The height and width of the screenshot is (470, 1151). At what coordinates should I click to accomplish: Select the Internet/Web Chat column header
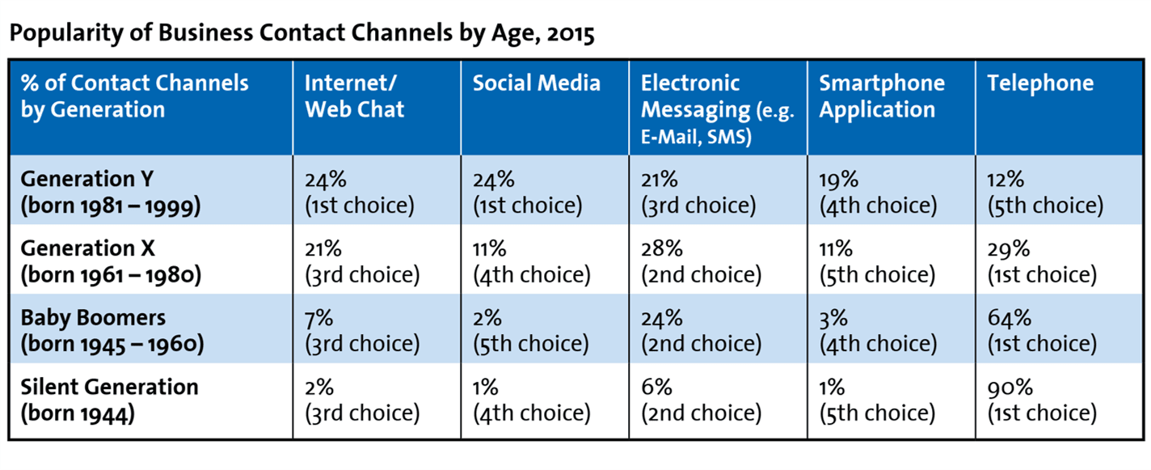pyautogui.click(x=355, y=96)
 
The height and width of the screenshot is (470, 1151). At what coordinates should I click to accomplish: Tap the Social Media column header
pyautogui.click(x=537, y=83)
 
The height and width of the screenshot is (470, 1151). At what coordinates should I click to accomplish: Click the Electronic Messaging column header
pyautogui.click(x=717, y=109)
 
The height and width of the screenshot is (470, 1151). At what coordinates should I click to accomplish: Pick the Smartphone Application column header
pyautogui.click(x=882, y=96)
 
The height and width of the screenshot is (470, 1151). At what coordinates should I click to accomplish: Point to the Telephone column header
pyautogui.click(x=1040, y=83)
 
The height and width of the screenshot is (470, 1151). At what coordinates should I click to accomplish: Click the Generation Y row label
pyautogui.click(x=111, y=193)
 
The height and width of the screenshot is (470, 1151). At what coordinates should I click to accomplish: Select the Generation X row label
pyautogui.click(x=111, y=262)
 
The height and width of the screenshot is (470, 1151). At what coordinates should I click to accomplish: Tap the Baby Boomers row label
pyautogui.click(x=112, y=331)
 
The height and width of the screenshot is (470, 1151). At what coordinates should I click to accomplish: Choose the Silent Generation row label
pyautogui.click(x=109, y=400)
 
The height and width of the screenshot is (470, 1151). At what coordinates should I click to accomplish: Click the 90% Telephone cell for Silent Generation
pyautogui.click(x=1042, y=400)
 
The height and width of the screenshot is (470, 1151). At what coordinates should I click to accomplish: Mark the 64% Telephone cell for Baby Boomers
pyautogui.click(x=1042, y=331)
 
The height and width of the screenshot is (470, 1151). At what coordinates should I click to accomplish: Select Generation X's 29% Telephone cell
pyautogui.click(x=1042, y=262)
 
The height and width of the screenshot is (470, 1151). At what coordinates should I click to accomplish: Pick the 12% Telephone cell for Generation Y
pyautogui.click(x=1045, y=193)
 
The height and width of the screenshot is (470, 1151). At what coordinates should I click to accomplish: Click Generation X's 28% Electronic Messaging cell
pyautogui.click(x=701, y=262)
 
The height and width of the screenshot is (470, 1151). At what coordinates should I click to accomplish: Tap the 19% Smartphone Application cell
pyautogui.click(x=878, y=193)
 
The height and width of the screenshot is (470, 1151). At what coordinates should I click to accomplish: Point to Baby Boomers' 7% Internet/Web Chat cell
pyautogui.click(x=362, y=331)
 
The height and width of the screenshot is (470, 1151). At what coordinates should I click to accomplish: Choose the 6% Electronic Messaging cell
pyautogui.click(x=701, y=400)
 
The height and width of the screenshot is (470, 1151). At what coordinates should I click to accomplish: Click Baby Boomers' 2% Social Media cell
pyautogui.click(x=531, y=331)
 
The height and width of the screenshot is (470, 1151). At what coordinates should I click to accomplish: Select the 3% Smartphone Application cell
pyautogui.click(x=878, y=331)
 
